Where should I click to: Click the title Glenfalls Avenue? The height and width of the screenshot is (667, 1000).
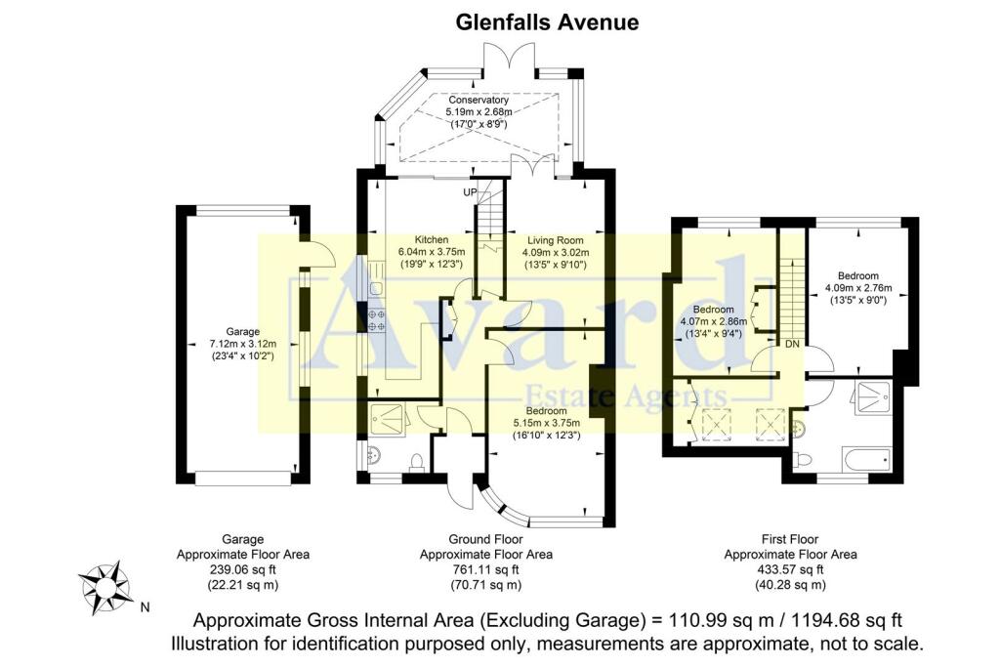(548, 21)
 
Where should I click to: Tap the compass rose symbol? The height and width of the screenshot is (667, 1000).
(104, 587)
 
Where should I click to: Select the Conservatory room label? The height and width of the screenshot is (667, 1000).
(479, 100)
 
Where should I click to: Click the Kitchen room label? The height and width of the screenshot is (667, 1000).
(431, 239)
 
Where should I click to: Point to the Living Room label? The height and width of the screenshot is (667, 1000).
(555, 239)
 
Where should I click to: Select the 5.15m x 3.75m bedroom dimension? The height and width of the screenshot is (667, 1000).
(547, 423)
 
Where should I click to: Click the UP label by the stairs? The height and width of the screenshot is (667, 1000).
(470, 192)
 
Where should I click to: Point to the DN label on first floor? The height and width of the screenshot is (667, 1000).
(792, 344)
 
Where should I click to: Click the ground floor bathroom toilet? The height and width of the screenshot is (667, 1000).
(417, 460)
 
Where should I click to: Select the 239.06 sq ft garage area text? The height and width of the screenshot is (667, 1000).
(243, 569)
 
